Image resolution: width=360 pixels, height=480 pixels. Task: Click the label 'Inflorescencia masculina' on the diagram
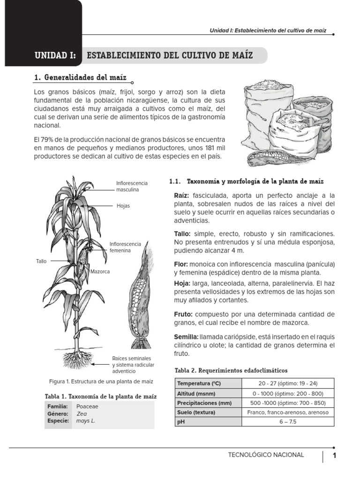(132, 186)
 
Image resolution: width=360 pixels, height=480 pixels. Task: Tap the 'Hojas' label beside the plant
(123, 206)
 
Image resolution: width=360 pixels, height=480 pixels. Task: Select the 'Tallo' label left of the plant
(41, 261)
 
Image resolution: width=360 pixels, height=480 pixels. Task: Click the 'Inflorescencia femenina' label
(125, 247)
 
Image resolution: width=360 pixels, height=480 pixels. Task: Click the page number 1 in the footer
(335, 455)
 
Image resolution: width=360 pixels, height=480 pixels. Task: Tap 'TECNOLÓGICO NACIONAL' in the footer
(266, 455)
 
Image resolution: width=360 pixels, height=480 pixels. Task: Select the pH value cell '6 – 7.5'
(287, 422)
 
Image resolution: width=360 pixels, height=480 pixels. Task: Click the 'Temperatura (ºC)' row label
(199, 383)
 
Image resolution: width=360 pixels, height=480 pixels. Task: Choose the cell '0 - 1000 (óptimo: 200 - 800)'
(287, 393)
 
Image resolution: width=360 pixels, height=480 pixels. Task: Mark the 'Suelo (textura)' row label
(196, 412)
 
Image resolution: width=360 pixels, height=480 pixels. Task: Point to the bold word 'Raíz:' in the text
(181, 195)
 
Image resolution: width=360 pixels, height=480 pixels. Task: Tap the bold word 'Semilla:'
(186, 337)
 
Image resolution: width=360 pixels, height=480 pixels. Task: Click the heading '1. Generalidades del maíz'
(80, 77)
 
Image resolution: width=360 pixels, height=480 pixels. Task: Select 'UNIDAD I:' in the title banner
(55, 55)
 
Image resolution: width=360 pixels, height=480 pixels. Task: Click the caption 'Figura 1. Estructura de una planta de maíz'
(101, 382)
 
